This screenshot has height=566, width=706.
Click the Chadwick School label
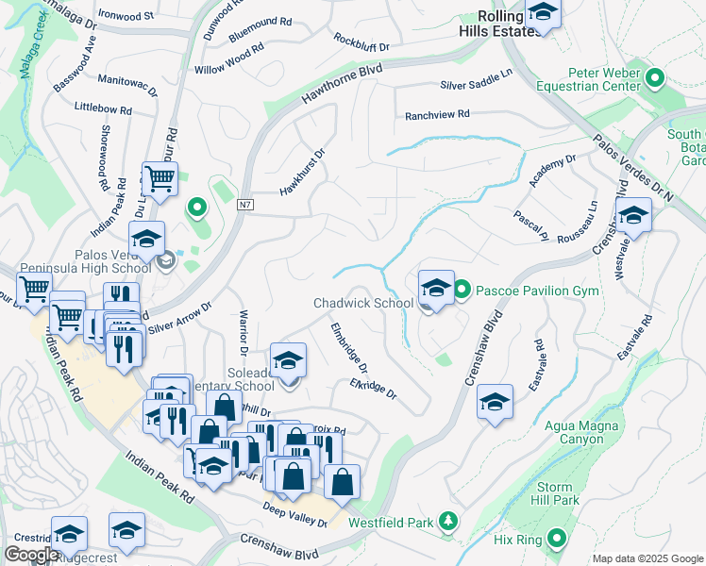[363, 303]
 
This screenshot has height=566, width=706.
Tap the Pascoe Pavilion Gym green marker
[462, 290]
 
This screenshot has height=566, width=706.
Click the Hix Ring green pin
[557, 540]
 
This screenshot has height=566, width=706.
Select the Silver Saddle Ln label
[476, 85]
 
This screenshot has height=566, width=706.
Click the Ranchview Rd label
[436, 115]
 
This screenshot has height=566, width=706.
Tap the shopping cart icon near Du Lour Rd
[159, 176]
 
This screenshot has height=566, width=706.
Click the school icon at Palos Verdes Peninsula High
[146, 240]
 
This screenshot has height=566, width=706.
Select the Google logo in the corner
[30, 555]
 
